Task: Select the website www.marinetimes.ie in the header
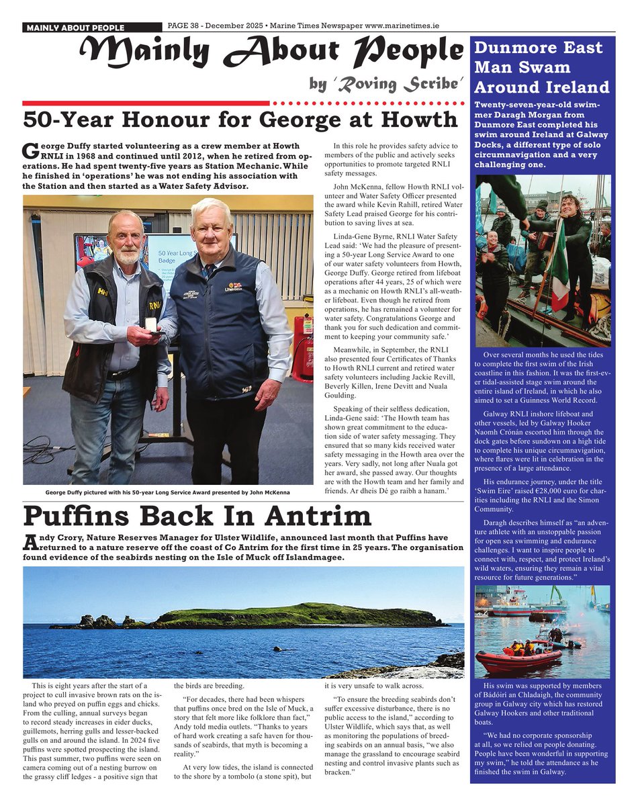point(401,26)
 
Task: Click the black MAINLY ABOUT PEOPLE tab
point(75,28)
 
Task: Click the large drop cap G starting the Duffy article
point(30,152)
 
